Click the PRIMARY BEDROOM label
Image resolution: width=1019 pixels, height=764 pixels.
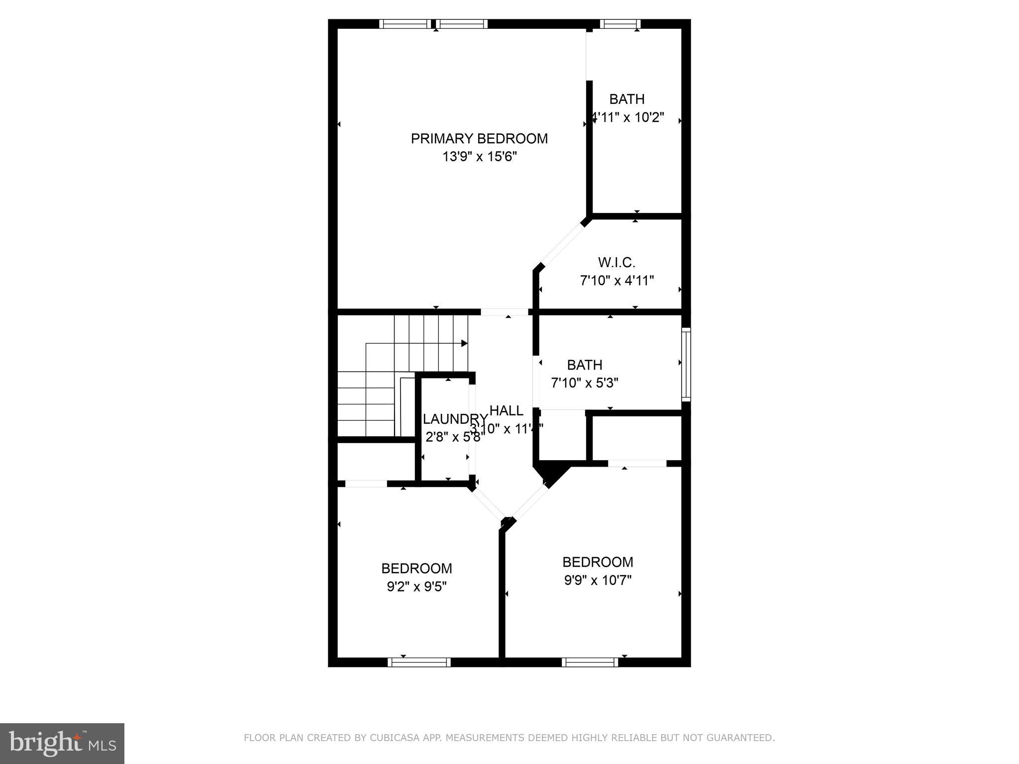(479, 139)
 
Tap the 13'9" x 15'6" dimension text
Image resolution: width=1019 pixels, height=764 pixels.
(480, 157)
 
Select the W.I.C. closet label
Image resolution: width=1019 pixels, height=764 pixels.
(616, 262)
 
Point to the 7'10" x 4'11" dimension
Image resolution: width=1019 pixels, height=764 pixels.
(616, 281)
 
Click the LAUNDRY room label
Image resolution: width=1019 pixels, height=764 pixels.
(455, 419)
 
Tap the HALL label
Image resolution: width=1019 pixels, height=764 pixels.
(506, 411)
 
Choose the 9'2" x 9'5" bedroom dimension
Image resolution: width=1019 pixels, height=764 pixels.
(416, 587)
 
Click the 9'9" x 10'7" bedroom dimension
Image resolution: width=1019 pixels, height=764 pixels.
(597, 580)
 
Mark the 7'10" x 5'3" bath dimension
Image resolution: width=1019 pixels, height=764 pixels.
(585, 383)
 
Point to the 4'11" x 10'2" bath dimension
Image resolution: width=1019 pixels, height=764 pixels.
(628, 118)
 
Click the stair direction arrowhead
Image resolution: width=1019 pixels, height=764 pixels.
(464, 343)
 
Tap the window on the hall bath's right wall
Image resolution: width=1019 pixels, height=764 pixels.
(686, 364)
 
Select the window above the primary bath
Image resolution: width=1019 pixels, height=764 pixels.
(619, 24)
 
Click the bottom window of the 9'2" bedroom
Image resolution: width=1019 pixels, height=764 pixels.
(419, 662)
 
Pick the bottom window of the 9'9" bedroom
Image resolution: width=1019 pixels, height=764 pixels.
(590, 662)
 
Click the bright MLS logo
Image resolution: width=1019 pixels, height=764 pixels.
(62, 744)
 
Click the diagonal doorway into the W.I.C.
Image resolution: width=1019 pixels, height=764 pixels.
(562, 246)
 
